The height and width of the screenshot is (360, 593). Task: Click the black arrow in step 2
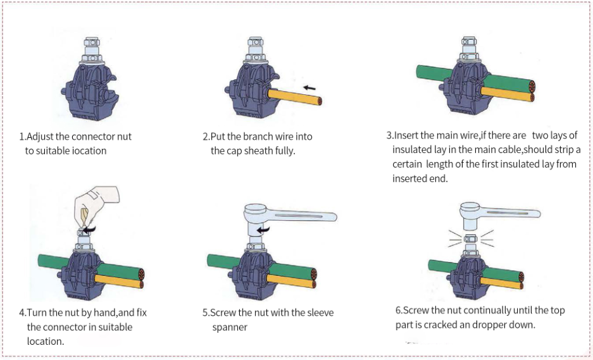pos(309,88)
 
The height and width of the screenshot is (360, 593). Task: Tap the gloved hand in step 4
pos(94,206)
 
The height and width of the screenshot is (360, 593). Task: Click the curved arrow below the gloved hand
pos(89,229)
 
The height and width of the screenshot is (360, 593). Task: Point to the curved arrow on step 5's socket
pos(263,229)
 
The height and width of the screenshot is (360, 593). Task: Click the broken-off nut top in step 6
pos(470,239)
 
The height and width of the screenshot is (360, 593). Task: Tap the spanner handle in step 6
pos(511,213)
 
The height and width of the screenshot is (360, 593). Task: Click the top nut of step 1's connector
pos(91,42)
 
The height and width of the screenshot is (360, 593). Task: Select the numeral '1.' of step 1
pos(22,136)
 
